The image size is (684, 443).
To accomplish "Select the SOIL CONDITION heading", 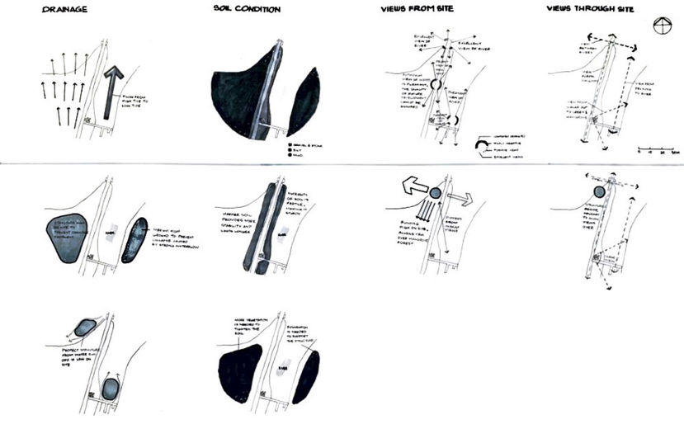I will (247, 10).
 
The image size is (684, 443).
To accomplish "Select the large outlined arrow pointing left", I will (411, 187).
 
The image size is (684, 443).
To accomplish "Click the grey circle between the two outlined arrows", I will (436, 193).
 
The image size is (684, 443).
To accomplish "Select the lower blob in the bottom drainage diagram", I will (111, 388).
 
